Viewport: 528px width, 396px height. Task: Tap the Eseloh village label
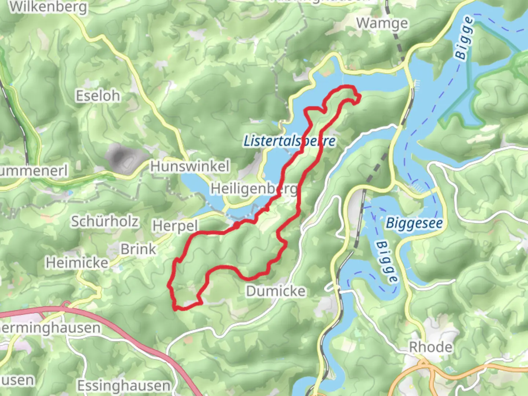point(98,96)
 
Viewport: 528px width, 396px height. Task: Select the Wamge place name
point(382,23)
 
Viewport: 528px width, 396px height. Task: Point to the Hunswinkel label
point(190,166)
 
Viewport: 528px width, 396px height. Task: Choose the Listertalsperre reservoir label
point(289,141)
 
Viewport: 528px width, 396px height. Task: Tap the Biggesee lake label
point(414,223)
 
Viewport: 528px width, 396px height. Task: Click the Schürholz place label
point(105,221)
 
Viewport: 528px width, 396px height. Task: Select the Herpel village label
point(175,226)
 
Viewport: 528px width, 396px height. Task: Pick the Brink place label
point(138,249)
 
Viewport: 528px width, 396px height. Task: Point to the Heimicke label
point(77,263)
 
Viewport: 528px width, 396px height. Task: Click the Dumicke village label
point(276,291)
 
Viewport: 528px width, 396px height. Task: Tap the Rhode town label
point(430,346)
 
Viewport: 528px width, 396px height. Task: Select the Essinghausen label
point(124,386)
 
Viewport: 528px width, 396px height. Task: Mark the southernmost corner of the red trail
point(177,309)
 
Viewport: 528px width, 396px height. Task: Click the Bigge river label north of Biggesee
point(464,38)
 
